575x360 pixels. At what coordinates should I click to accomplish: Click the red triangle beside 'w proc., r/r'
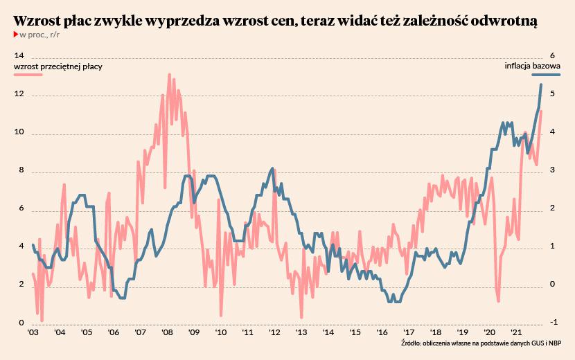click(x=16, y=35)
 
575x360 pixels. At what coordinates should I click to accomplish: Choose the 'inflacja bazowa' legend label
click(x=532, y=66)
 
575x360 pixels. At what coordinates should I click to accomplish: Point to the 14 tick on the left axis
click(x=19, y=56)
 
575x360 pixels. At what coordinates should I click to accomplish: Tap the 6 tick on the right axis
click(x=552, y=56)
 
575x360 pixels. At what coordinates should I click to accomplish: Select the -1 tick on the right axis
click(x=552, y=323)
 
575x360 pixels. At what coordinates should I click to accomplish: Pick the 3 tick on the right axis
click(x=552, y=170)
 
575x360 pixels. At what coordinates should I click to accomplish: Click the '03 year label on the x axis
click(x=33, y=334)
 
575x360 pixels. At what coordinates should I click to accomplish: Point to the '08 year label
click(x=167, y=334)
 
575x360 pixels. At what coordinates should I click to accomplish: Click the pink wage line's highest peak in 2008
click(x=170, y=74)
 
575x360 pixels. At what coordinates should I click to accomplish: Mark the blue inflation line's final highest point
click(x=541, y=84)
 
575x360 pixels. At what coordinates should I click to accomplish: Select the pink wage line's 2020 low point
click(x=498, y=301)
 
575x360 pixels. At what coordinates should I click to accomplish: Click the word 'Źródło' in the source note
click(x=412, y=343)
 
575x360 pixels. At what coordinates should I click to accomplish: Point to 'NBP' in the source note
click(x=552, y=343)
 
